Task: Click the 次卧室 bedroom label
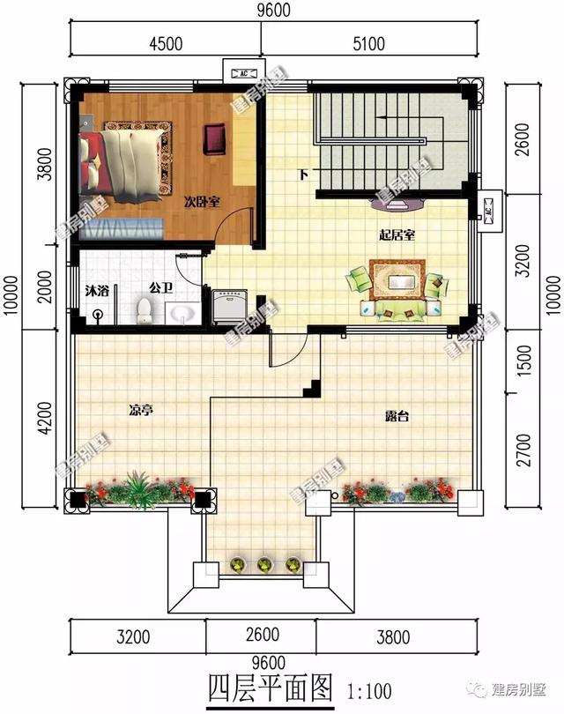pyautogui.click(x=202, y=201)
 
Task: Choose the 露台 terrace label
pyautogui.click(x=397, y=416)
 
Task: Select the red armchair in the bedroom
pyautogui.click(x=214, y=138)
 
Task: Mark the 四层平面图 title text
pyautogui.click(x=270, y=686)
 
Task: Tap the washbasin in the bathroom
pyautogui.click(x=182, y=312)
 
